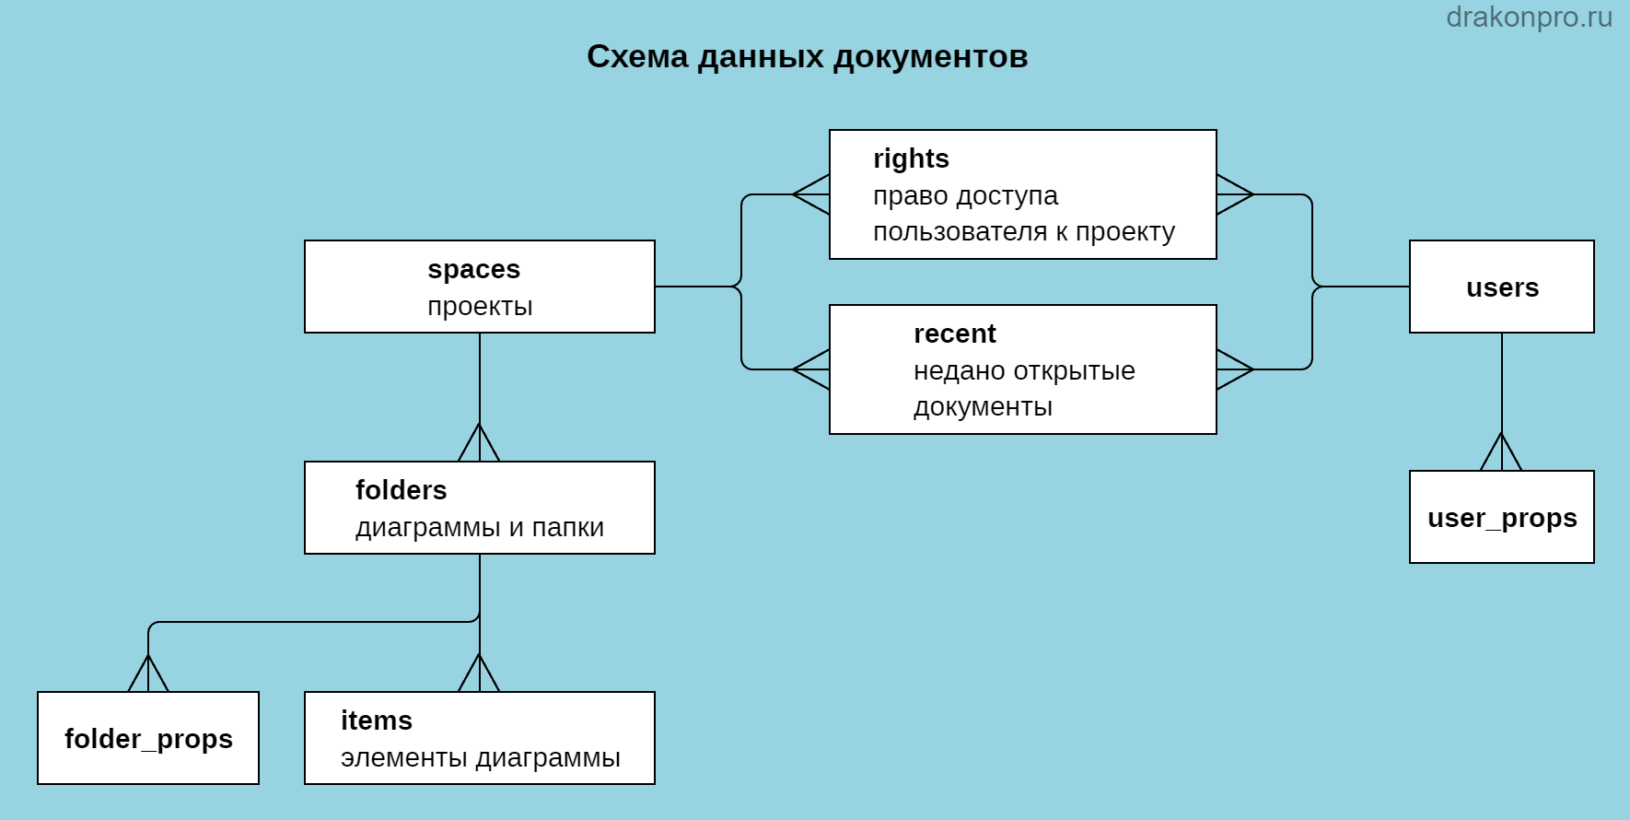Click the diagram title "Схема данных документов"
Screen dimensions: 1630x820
pos(808,57)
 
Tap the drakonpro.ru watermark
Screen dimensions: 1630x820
pos(1529,18)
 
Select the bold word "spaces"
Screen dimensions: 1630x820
pos(473,269)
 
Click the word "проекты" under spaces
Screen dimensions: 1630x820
pos(480,306)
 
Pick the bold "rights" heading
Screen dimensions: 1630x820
pos(911,158)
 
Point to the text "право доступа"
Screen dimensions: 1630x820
pos(965,195)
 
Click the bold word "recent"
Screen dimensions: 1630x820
pos(954,334)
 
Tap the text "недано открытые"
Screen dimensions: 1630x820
pos(1024,370)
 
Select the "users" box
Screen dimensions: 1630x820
pos(1502,287)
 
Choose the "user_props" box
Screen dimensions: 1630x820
pos(1502,517)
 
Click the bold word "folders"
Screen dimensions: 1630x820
pos(401,490)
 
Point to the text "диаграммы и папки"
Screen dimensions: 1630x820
pos(480,527)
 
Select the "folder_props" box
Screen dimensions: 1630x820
pos(148,738)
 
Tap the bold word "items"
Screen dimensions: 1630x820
pos(376,720)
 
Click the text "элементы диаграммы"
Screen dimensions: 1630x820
pos(480,757)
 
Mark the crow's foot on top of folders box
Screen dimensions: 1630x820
pos(479,442)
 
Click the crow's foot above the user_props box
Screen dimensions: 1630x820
pos(1501,451)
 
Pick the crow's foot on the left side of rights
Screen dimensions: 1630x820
pos(811,194)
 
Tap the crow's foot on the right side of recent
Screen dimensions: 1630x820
pos(1235,369)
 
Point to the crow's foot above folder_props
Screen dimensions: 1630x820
pos(148,673)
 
